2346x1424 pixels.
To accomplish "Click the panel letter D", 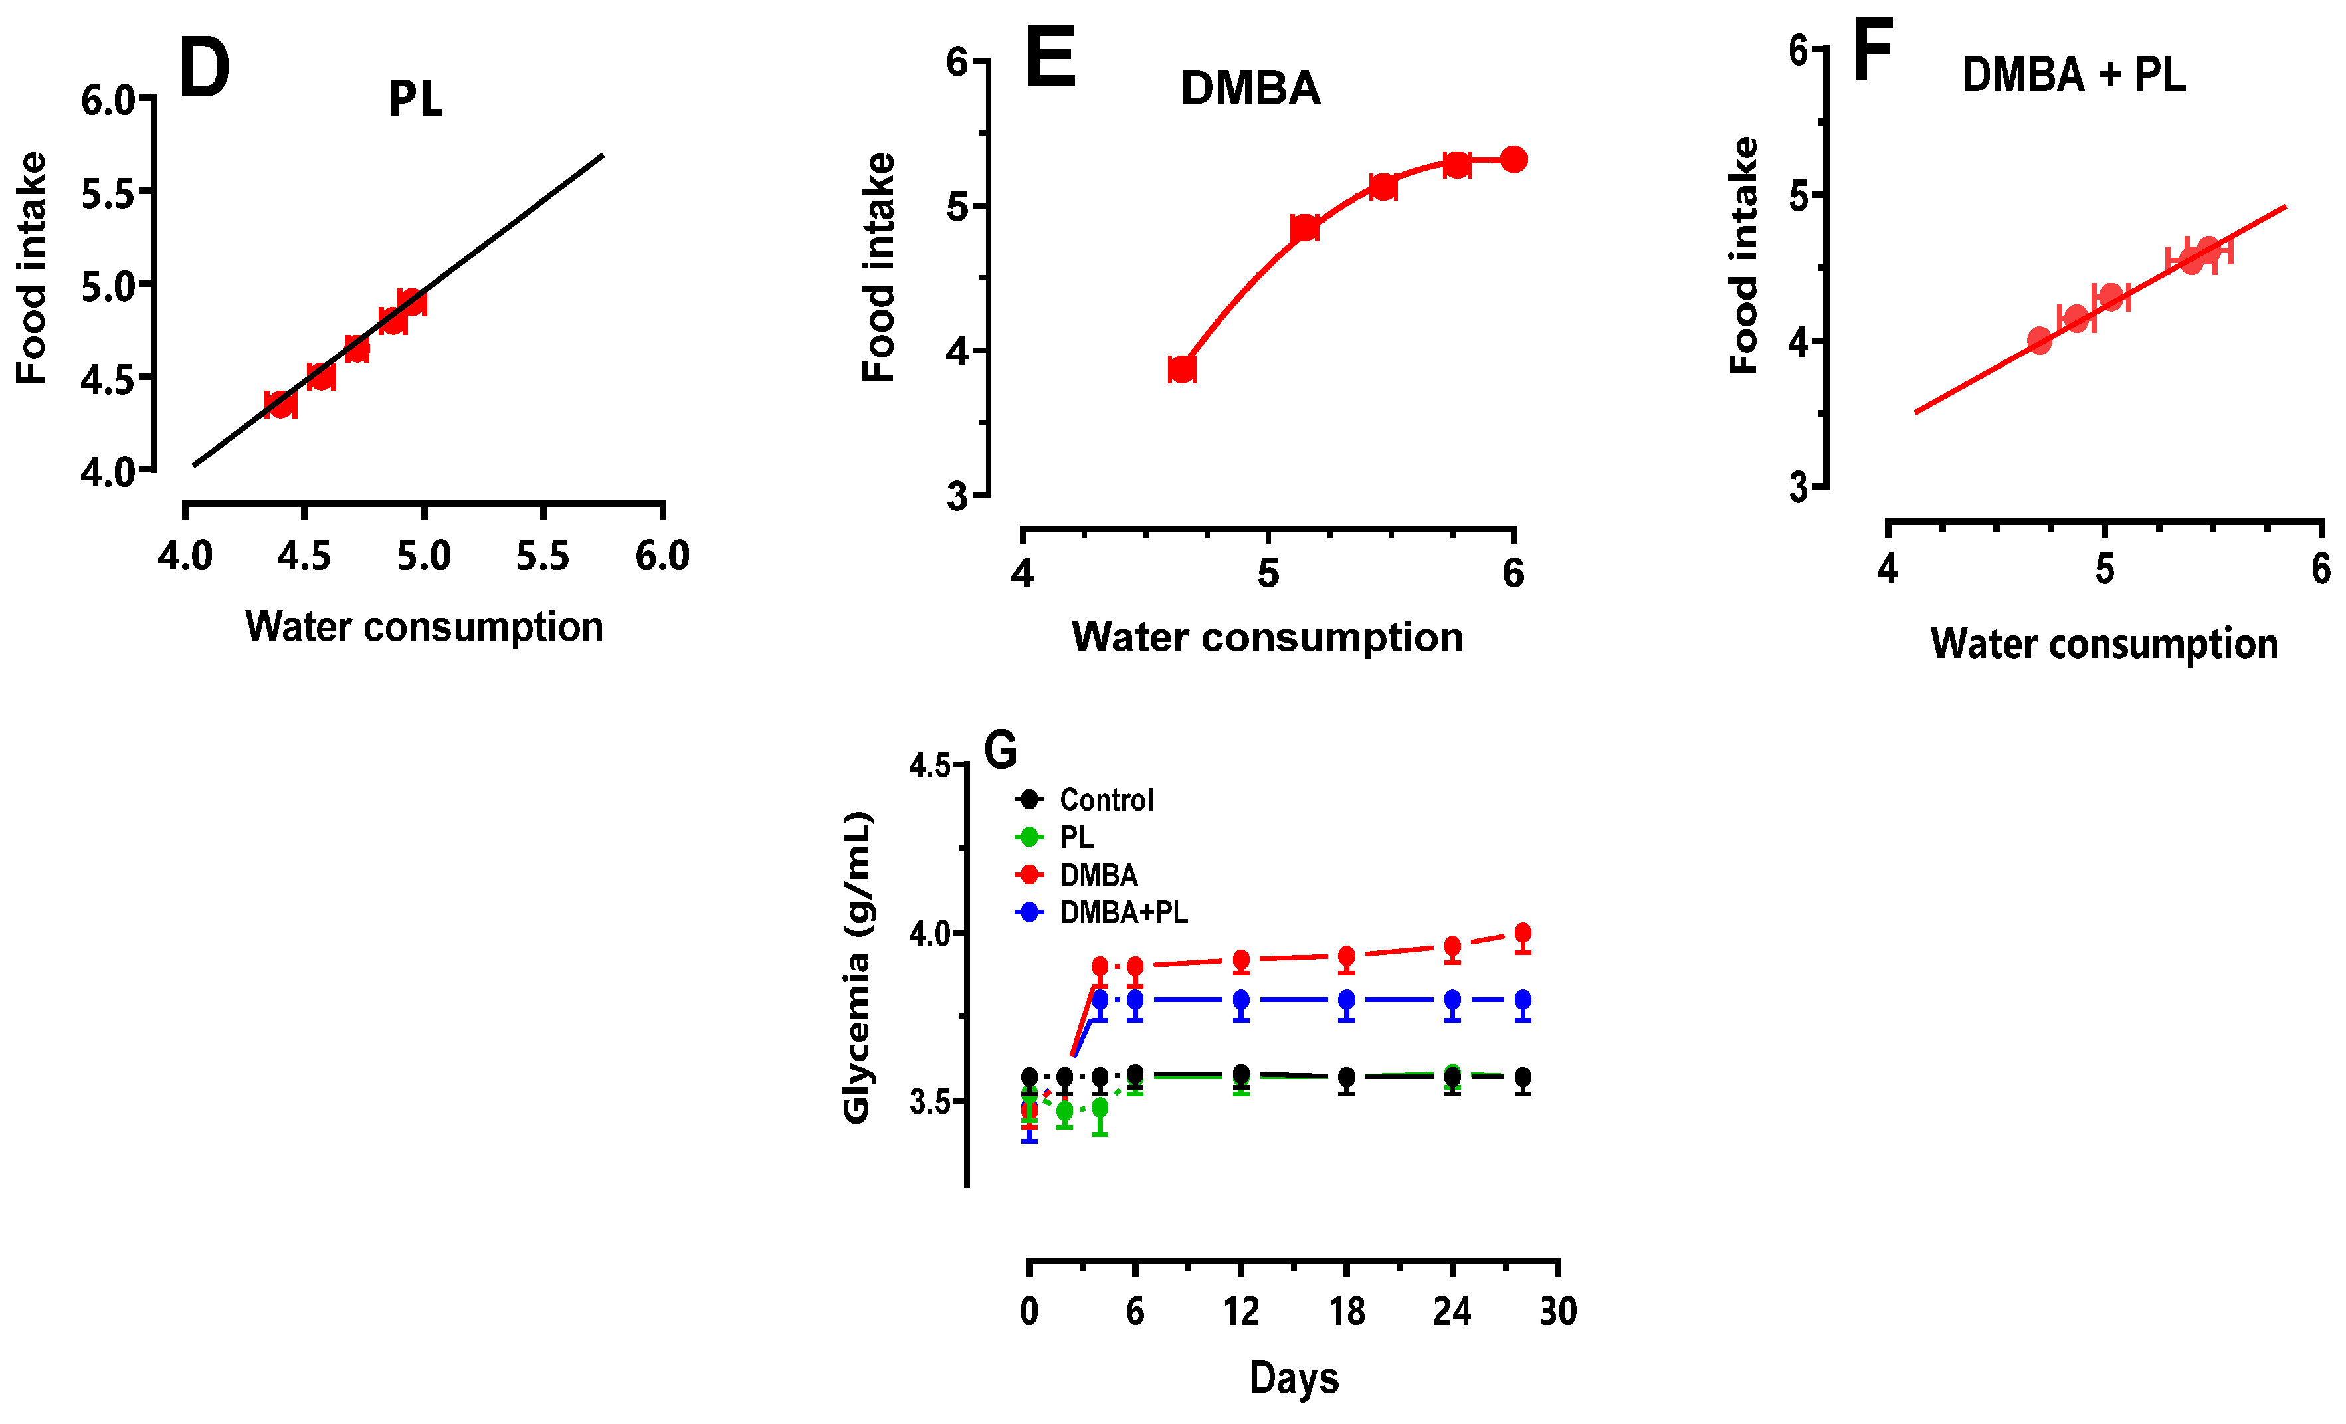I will [x=204, y=68].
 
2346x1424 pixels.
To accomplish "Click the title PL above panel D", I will [x=415, y=99].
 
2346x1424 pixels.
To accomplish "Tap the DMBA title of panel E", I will [x=1250, y=88].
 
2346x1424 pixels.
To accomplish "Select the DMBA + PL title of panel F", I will [x=2073, y=74].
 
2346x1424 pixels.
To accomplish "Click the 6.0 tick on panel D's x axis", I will [x=662, y=556].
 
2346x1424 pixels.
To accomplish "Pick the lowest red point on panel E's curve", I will [x=1181, y=369].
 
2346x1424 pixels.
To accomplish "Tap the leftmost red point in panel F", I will [x=2040, y=340].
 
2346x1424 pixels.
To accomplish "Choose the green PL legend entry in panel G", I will [x=1076, y=837].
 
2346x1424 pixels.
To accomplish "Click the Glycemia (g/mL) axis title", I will [x=857, y=967].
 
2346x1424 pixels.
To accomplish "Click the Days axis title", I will [x=1294, y=1378].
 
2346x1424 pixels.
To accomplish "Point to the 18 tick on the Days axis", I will [x=1346, y=1312].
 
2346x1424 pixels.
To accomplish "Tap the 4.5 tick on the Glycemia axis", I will [x=930, y=765].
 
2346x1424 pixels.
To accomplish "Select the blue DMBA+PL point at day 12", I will [x=1240, y=1000].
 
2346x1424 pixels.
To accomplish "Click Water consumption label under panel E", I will [x=1267, y=637].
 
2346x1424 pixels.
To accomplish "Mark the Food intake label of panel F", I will [x=1743, y=255].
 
